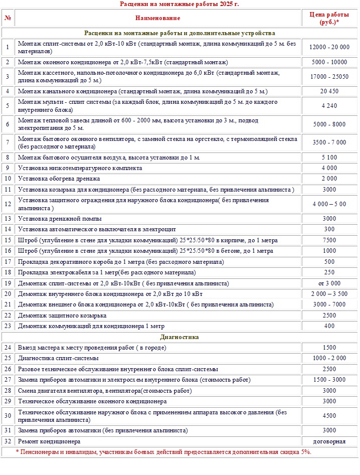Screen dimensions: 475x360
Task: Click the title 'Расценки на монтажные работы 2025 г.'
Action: pyautogui.click(x=179, y=4)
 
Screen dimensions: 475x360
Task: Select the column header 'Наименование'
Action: pyautogui.click(x=158, y=18)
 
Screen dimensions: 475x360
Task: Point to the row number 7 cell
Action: pyautogui.click(x=8, y=142)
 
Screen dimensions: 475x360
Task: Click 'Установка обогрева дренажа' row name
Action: pyautogui.click(x=59, y=179)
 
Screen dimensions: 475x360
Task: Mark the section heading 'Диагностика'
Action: pyautogui.click(x=179, y=337)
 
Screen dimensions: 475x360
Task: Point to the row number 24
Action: pyautogui.click(x=8, y=348)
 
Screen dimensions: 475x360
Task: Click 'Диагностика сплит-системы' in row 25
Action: pyautogui.click(x=58, y=358)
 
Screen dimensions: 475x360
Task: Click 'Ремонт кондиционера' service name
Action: pyautogui.click(x=49, y=441)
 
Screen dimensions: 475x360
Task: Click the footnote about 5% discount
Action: pyautogui.click(x=163, y=452)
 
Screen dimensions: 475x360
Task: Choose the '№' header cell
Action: pyautogui.click(x=8, y=18)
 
